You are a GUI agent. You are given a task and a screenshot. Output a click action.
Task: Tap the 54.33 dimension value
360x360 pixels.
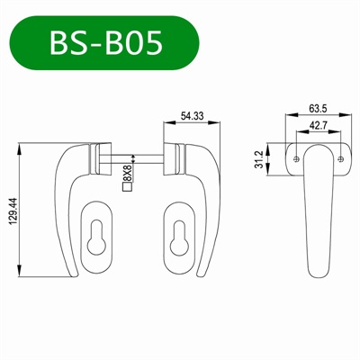coord(193,116)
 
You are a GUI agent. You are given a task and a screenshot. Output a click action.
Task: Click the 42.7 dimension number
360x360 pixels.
coord(318,126)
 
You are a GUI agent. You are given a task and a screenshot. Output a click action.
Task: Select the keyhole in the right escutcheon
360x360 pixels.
coord(181,236)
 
